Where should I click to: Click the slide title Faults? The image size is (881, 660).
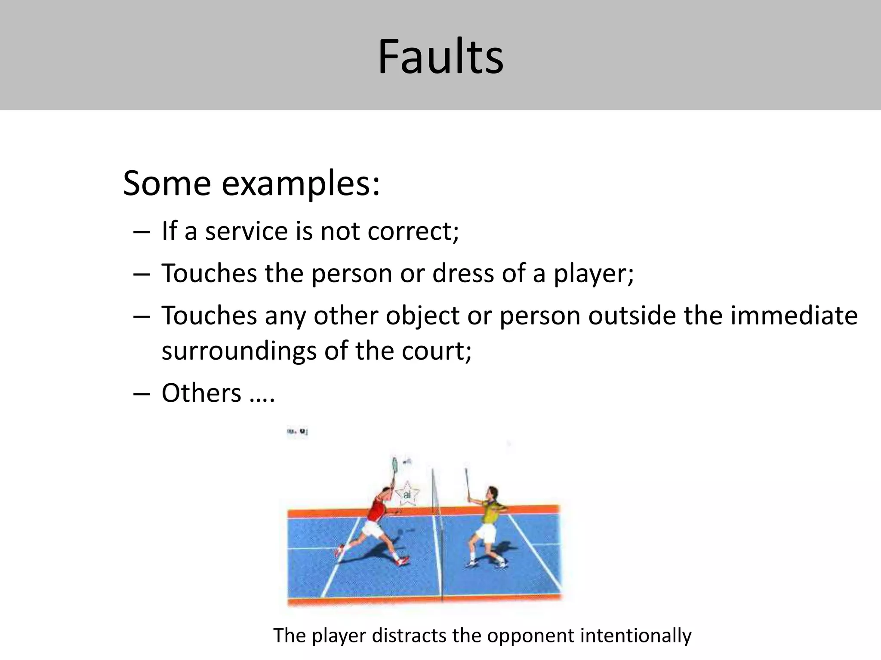pyautogui.click(x=440, y=57)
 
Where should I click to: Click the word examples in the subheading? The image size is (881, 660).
pyautogui.click(x=300, y=184)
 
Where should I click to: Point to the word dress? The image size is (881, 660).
pyautogui.click(x=463, y=273)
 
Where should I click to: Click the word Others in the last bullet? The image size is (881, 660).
pyautogui.click(x=201, y=393)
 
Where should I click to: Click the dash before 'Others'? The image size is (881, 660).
pyautogui.click(x=142, y=394)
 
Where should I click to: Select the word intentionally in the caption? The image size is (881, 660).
pyautogui.click(x=636, y=636)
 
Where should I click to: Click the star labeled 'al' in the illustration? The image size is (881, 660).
pyautogui.click(x=407, y=494)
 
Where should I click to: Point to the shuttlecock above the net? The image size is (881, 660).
pyautogui.click(x=407, y=462)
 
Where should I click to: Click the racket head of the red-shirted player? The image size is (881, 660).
pyautogui.click(x=395, y=465)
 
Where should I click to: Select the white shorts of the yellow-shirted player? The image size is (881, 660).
pyautogui.click(x=486, y=533)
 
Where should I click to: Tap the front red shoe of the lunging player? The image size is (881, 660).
pyautogui.click(x=404, y=561)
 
